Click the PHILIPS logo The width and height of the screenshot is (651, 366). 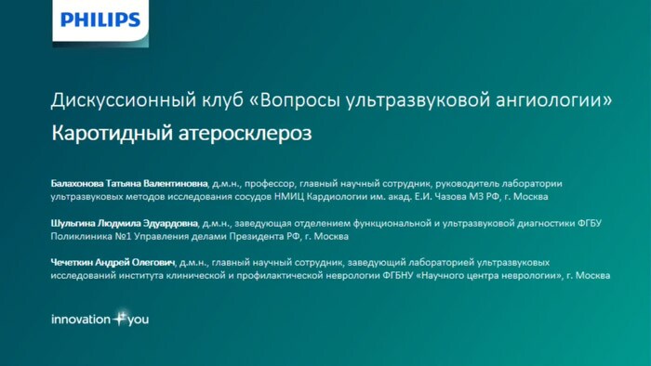[101, 20]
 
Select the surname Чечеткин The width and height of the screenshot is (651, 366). [76, 263]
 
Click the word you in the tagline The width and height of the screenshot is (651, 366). [137, 320]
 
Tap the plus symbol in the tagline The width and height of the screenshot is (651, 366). [119, 318]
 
